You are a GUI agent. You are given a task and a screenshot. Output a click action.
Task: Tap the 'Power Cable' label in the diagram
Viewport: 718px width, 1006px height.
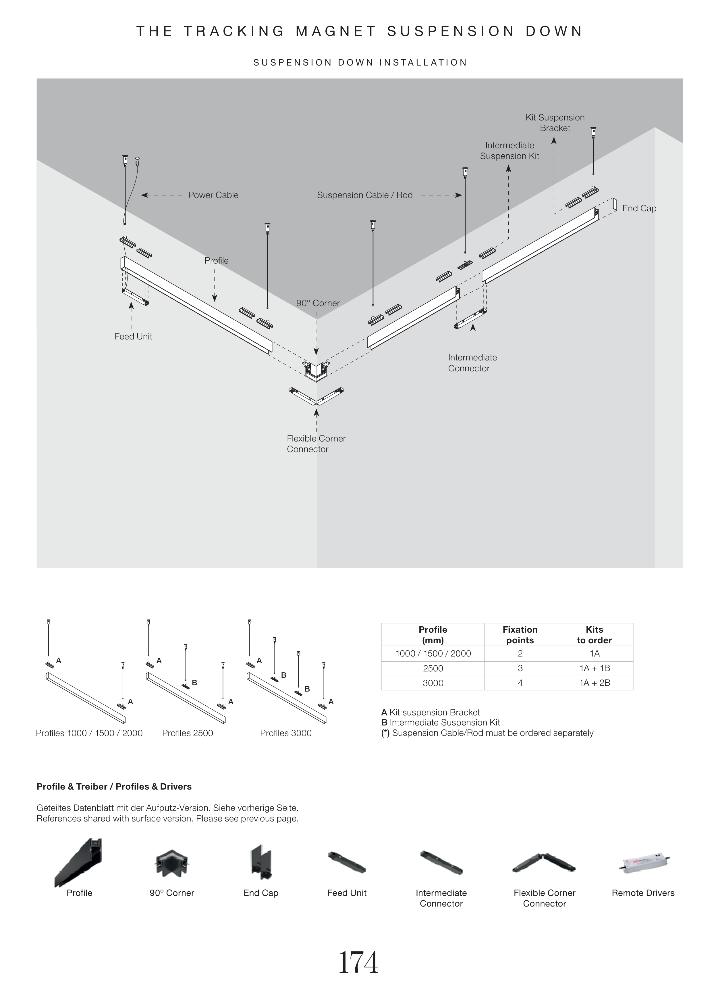[213, 195]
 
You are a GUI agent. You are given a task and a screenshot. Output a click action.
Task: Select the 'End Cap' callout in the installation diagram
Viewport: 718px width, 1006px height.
[639, 208]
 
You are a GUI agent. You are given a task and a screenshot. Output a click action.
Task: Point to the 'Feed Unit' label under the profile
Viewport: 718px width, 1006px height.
[133, 337]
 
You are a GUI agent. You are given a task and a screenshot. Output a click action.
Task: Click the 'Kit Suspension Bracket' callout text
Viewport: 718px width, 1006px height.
[555, 122]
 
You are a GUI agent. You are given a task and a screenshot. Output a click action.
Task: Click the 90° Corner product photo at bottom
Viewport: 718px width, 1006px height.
[172, 862]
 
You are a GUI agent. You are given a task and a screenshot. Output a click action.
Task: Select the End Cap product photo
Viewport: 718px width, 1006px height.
[260, 862]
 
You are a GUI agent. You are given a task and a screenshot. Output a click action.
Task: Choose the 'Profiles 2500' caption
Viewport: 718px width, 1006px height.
[188, 733]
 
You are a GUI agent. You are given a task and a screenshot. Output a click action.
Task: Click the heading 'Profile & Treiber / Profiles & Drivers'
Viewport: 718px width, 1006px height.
[114, 787]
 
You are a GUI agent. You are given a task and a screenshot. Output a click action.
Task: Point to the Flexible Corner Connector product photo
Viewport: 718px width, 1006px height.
[544, 862]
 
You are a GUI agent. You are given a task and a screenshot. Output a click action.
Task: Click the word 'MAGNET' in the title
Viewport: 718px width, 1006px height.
[335, 31]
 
